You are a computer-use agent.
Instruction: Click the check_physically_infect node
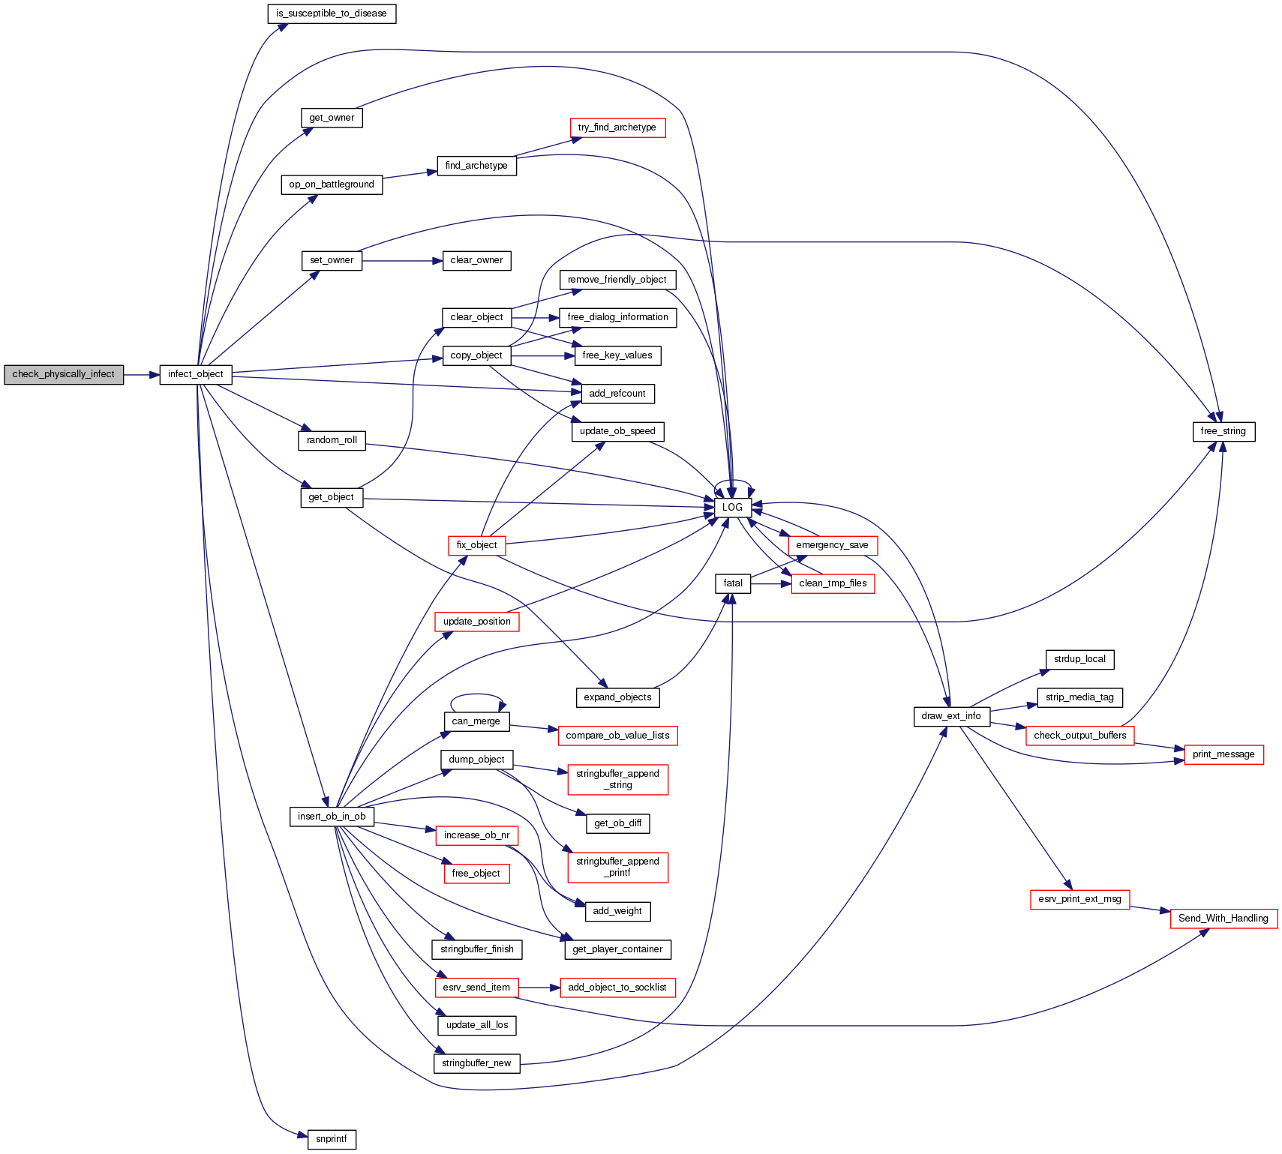[64, 374]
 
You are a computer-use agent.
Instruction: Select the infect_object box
[196, 374]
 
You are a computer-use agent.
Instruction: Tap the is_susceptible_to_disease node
[332, 13]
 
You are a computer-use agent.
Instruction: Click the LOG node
[732, 508]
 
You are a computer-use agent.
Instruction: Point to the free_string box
[1223, 431]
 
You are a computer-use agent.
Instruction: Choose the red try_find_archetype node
[617, 127]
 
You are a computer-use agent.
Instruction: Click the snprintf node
[332, 1139]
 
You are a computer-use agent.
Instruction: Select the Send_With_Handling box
[1223, 919]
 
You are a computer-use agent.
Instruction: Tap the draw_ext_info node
[951, 716]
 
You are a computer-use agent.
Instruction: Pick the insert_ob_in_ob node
[332, 817]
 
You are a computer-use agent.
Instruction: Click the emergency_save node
[832, 545]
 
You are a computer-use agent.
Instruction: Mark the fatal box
[733, 583]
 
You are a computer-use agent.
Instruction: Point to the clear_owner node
[476, 260]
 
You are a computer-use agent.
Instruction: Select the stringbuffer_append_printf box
[617, 867]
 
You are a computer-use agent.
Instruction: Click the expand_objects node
[617, 697]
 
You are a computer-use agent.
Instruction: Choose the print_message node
[1223, 754]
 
